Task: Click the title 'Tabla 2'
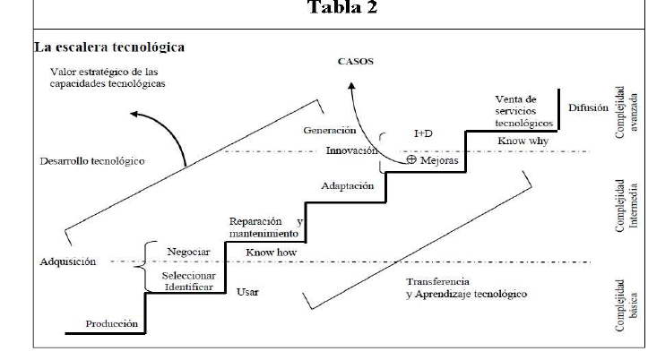click(343, 8)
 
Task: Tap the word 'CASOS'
click(355, 63)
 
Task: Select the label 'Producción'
click(112, 324)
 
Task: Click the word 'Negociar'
click(183, 252)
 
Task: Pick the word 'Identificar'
click(186, 288)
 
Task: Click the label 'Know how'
click(271, 253)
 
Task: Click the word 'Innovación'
click(351, 150)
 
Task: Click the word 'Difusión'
click(587, 107)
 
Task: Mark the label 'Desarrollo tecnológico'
click(92, 162)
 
